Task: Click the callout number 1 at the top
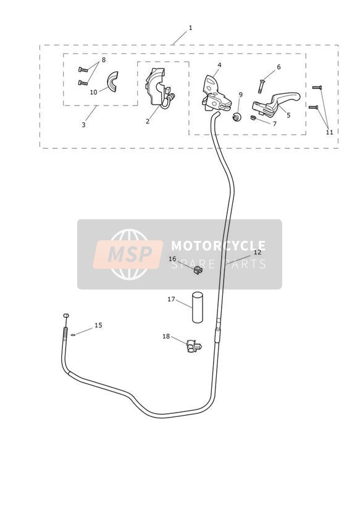click(191, 28)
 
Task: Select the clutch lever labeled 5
click(276, 103)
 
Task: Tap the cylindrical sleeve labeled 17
click(198, 308)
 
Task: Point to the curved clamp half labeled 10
click(112, 82)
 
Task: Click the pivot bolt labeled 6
click(261, 86)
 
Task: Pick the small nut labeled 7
click(254, 117)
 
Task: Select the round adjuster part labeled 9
click(237, 116)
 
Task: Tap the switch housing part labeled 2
click(160, 87)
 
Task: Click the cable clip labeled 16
click(198, 270)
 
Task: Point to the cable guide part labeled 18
click(194, 346)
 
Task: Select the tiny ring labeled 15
click(73, 335)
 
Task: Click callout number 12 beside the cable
click(257, 252)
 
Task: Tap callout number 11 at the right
click(330, 132)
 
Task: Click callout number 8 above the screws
click(104, 60)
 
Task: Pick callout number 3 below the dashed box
click(83, 125)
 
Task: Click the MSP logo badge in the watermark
click(128, 254)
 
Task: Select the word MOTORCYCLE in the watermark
click(218, 245)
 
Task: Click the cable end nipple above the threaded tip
click(66, 315)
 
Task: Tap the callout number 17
click(171, 300)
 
